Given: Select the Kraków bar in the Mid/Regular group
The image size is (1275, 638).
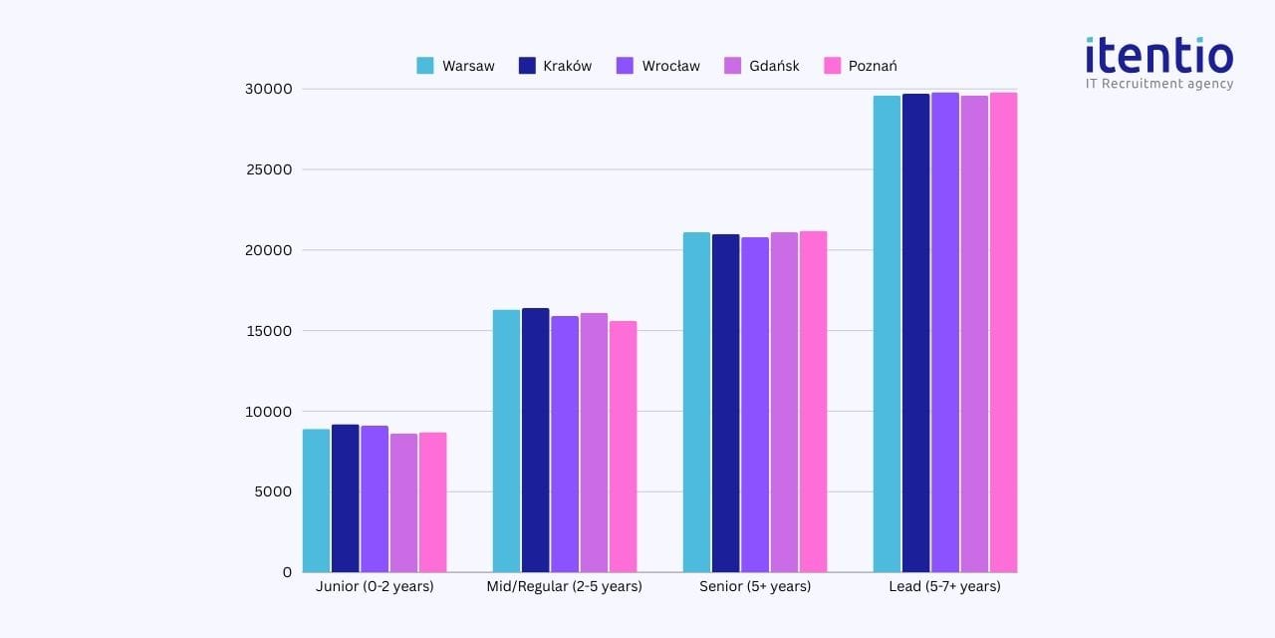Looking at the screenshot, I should [x=535, y=440].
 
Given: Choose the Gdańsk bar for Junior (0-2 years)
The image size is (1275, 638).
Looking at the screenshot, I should [x=403, y=502].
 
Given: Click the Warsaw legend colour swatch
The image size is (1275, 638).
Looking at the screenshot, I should [x=425, y=66].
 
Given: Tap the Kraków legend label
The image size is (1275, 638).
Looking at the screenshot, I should [x=567, y=66].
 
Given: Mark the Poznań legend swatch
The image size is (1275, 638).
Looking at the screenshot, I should [x=833, y=66].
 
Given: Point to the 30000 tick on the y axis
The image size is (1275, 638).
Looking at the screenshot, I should [x=270, y=89].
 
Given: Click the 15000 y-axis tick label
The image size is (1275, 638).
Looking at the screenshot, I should [x=270, y=331].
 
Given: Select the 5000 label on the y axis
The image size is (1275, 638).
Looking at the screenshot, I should [x=274, y=491].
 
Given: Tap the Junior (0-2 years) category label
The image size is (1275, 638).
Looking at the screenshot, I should [x=375, y=586].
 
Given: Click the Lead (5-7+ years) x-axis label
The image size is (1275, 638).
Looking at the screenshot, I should [x=944, y=586].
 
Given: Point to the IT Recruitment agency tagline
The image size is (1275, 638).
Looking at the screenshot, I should [x=1158, y=84].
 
